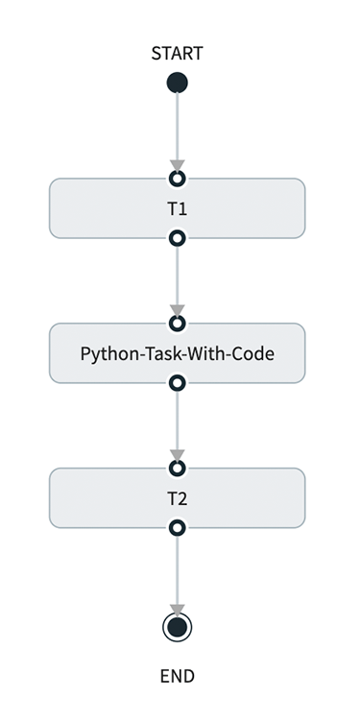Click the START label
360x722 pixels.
pos(177,54)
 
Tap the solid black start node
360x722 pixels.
pos(177,84)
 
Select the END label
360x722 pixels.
pos(177,676)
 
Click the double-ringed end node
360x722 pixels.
pos(177,628)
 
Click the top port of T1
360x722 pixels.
pos(177,179)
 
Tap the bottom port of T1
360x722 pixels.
pos(177,237)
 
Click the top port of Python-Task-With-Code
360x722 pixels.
pos(177,324)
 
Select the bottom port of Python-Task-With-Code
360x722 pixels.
pos(177,383)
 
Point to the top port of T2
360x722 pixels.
pos(177,469)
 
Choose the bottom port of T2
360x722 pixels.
pos(177,528)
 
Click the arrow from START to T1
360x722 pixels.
pos(177,130)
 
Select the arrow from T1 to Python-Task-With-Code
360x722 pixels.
pos(177,278)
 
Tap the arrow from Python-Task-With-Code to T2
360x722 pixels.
pos(177,423)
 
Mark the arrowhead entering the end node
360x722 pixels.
pos(177,610)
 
